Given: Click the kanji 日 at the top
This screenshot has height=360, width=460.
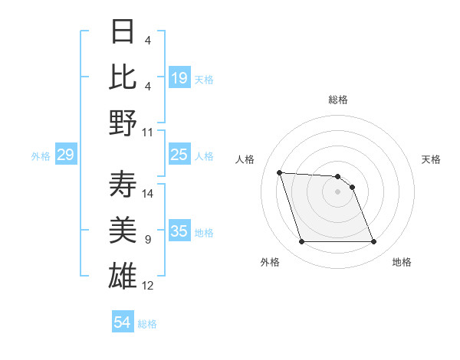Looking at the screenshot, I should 123,33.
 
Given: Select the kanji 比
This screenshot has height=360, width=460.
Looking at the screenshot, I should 123,77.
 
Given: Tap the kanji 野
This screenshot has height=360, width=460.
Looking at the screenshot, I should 123,123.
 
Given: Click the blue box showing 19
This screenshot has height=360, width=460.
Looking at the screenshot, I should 179,78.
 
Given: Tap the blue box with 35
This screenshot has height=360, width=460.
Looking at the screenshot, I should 179,231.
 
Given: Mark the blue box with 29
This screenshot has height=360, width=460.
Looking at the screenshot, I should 65,155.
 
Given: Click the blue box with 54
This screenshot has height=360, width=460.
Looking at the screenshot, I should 123,322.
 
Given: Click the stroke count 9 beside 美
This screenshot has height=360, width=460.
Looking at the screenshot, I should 147,240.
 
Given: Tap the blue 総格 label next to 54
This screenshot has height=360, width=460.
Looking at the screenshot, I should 147,324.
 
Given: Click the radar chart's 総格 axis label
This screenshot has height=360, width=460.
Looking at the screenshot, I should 337,100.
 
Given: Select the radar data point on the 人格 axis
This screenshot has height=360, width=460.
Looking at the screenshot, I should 279,172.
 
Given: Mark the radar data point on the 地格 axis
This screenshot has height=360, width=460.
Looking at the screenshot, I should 373,242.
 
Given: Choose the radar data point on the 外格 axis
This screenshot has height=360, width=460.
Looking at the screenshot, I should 301,242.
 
